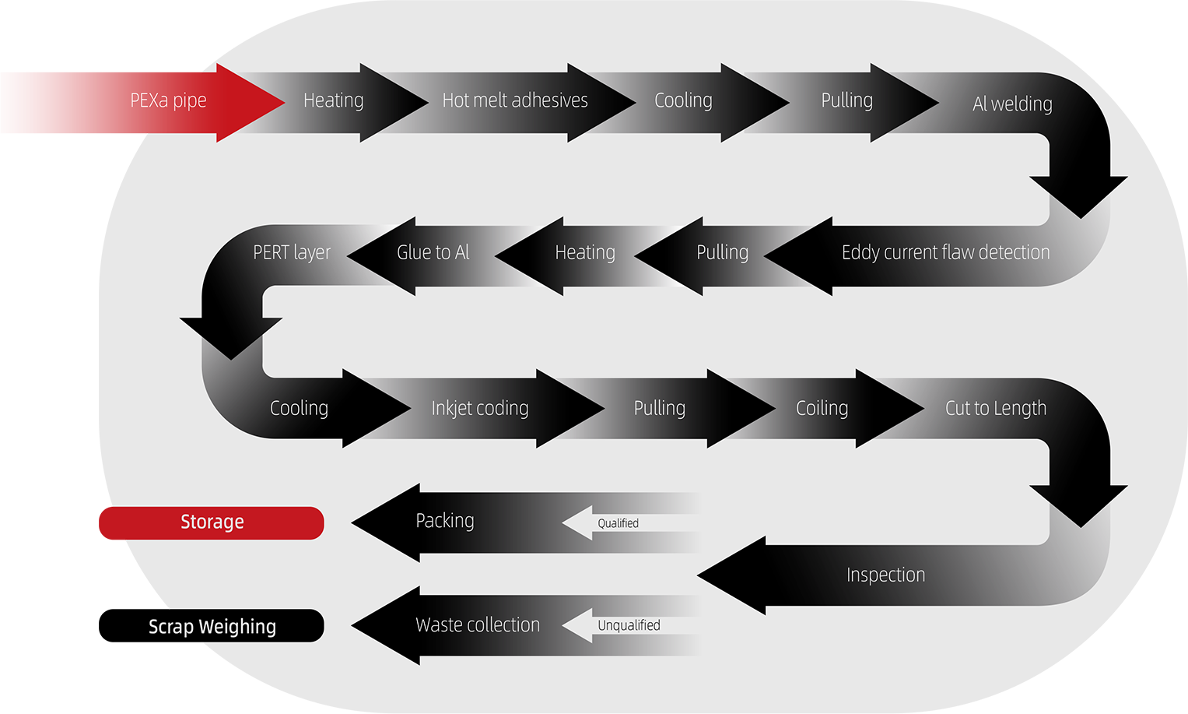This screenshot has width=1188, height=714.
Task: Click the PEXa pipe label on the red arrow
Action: pyautogui.click(x=168, y=100)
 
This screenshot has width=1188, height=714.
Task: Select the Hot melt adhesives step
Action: pyautogui.click(x=514, y=100)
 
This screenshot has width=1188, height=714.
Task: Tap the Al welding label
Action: pyautogui.click(x=1012, y=104)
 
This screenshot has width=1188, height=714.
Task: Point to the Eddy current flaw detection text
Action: pyautogui.click(x=945, y=252)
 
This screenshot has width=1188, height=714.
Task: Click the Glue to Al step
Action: pyautogui.click(x=433, y=252)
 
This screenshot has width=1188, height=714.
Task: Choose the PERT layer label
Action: pyautogui.click(x=292, y=252)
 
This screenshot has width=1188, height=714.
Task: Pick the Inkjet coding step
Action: pyautogui.click(x=479, y=408)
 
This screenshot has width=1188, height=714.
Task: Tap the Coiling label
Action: pyautogui.click(x=822, y=408)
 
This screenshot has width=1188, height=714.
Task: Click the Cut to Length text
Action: pyautogui.click(x=995, y=408)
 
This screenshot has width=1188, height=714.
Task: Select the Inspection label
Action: pyautogui.click(x=885, y=575)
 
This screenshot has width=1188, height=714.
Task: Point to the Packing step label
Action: pyautogui.click(x=444, y=520)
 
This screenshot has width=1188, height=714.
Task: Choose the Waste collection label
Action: pyautogui.click(x=477, y=624)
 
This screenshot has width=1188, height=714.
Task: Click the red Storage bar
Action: pyautogui.click(x=212, y=522)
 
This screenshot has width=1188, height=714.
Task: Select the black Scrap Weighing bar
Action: pyautogui.click(x=212, y=626)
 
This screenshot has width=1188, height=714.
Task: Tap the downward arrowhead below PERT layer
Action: pyautogui.click(x=231, y=335)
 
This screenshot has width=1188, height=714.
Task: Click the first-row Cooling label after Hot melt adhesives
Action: pyautogui.click(x=683, y=100)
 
